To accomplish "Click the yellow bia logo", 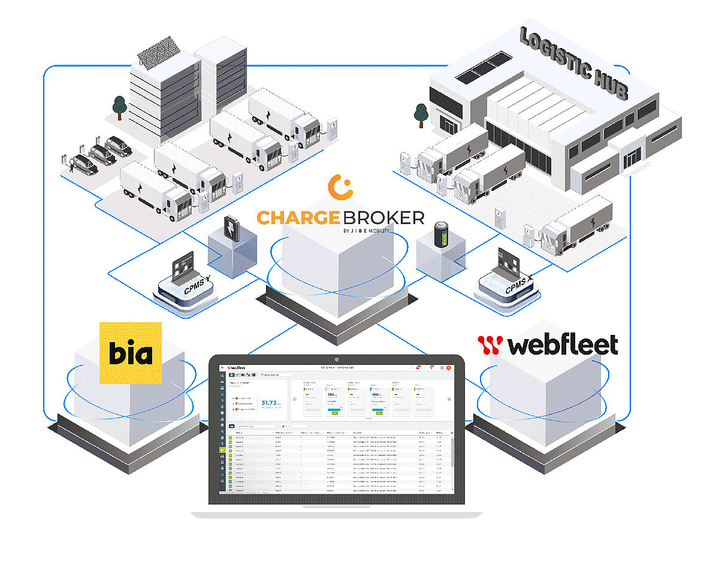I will (x=131, y=353).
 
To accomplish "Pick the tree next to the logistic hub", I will (x=421, y=114).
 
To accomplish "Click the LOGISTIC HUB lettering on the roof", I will (x=573, y=64).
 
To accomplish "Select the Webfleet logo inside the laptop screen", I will (x=237, y=368).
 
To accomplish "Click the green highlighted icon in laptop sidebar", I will (x=222, y=449).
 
